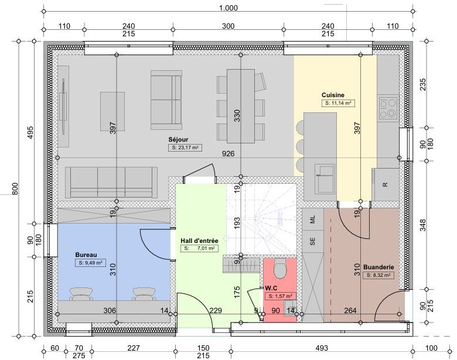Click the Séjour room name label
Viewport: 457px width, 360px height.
click(178, 139)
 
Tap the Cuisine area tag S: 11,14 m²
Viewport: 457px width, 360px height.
click(338, 103)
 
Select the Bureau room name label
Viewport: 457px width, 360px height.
click(86, 255)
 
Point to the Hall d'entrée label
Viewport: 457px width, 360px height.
click(199, 241)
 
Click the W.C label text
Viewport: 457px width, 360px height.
click(271, 289)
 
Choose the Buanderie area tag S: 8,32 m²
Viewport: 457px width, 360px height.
click(378, 275)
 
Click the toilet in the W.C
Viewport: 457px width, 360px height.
click(281, 268)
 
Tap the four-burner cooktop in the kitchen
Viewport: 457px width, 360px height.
click(388, 108)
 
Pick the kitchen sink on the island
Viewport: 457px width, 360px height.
click(326, 179)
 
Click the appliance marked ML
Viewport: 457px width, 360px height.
click(313, 219)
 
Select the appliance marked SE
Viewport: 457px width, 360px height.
click(313, 241)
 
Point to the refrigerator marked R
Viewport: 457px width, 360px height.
click(386, 184)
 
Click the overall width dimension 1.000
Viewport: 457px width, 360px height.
click(228, 8)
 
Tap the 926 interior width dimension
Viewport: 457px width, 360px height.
click(228, 153)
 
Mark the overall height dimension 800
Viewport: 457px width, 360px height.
click(15, 188)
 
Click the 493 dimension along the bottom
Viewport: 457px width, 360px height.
click(322, 348)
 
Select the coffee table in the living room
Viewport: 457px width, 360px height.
click(113, 111)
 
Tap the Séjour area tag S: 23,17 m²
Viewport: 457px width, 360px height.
click(185, 148)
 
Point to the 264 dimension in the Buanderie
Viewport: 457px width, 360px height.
click(350, 311)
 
